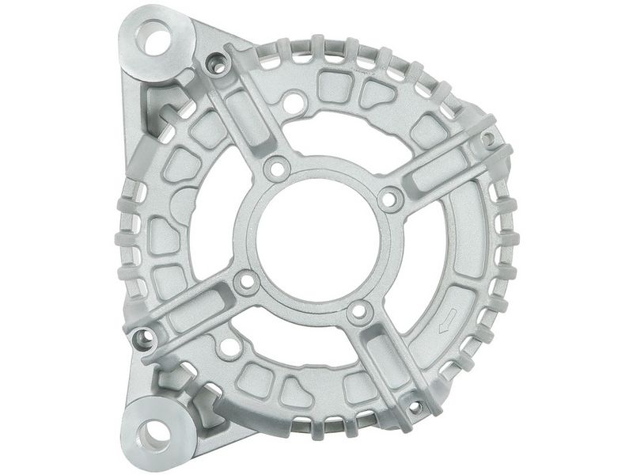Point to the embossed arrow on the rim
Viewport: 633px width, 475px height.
[x=447, y=319]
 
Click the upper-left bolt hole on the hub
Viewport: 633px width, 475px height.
[x=277, y=168]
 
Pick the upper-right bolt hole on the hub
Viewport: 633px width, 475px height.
[x=389, y=198]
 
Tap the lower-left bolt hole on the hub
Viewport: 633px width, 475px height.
[x=247, y=281]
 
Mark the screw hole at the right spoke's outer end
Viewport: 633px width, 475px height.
[x=488, y=139]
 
